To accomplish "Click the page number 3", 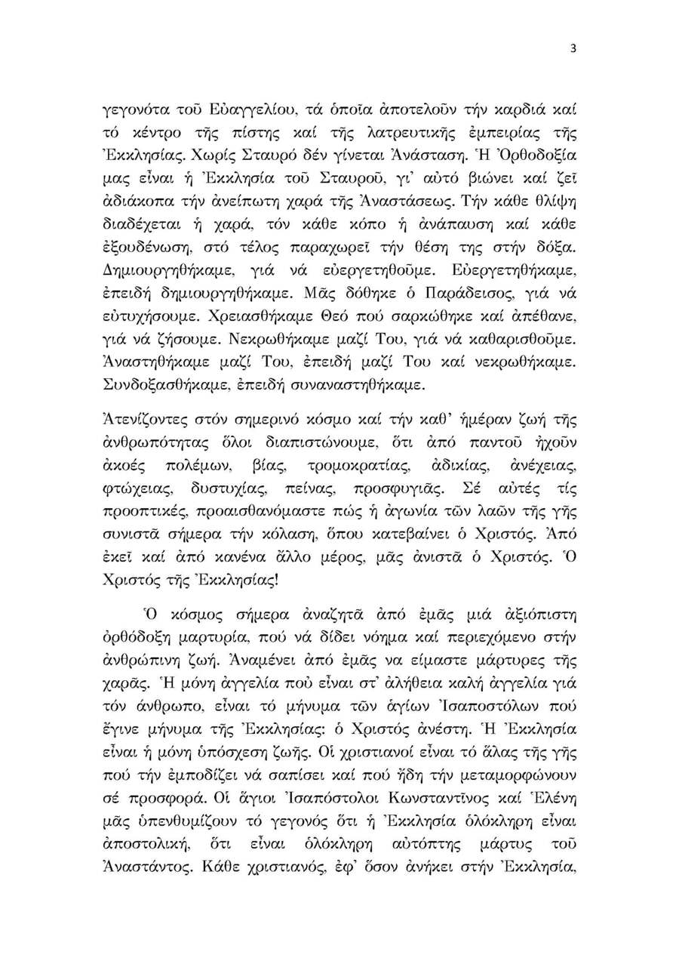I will (573, 50).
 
